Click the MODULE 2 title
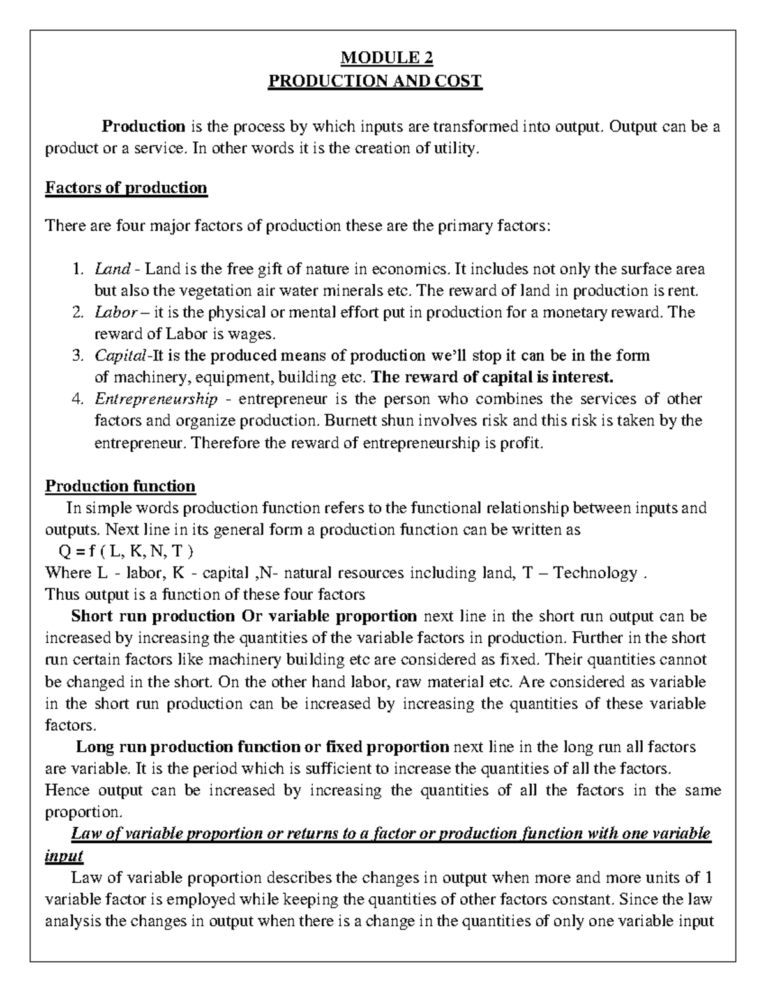pos(387,58)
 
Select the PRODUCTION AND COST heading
pos(375,81)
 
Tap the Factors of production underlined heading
pos(126,188)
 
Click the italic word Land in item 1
pos(112,269)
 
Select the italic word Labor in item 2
pos(116,312)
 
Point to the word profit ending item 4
pos(522,443)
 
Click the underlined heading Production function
pos(120,486)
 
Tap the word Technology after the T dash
pos(595,573)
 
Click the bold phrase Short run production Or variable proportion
pos(244,616)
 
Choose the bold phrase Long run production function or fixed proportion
pos(262,747)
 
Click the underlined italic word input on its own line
pos(64,855)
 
